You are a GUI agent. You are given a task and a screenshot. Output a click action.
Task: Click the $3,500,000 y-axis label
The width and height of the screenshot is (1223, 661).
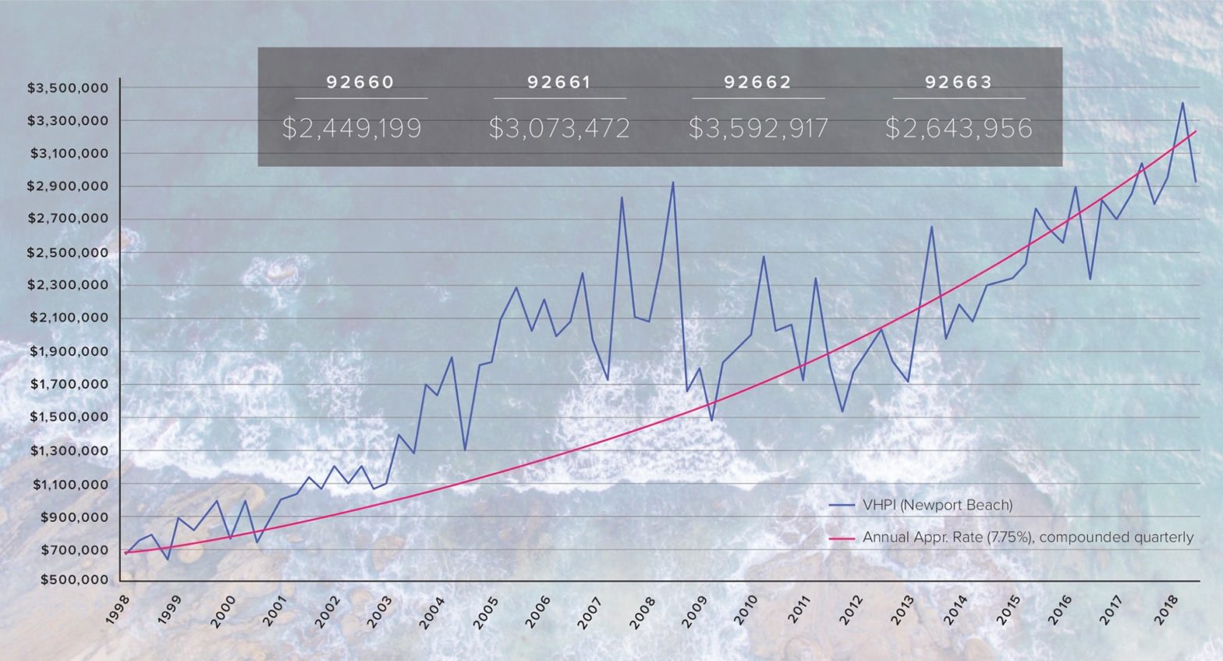(x=68, y=88)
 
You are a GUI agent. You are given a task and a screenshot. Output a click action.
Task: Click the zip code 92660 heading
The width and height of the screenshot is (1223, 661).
(x=360, y=82)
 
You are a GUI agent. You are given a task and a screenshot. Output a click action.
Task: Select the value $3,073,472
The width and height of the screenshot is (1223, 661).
(x=559, y=128)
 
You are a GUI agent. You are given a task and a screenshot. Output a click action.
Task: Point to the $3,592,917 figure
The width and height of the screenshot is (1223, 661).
(x=758, y=128)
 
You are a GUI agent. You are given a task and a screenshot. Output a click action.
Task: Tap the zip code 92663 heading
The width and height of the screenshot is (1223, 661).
(x=959, y=82)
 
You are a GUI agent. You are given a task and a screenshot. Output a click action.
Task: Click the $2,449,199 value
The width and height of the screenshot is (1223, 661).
(x=352, y=128)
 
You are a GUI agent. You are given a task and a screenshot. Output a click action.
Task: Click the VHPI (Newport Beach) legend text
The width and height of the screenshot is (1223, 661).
(x=938, y=505)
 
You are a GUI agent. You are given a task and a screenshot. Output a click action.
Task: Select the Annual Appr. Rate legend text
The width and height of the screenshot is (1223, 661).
(x=1028, y=538)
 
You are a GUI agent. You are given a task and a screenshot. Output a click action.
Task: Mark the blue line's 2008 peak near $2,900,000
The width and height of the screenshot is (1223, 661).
(x=672, y=183)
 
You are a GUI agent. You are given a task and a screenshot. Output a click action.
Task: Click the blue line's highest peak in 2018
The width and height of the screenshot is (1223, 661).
(x=1182, y=103)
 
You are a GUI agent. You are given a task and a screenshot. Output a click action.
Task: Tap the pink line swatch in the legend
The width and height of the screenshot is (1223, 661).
(x=842, y=538)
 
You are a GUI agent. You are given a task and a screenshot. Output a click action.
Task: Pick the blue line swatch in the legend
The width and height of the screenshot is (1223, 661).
(x=842, y=505)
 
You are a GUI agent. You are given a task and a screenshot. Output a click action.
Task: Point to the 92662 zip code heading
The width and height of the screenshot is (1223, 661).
(x=757, y=82)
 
